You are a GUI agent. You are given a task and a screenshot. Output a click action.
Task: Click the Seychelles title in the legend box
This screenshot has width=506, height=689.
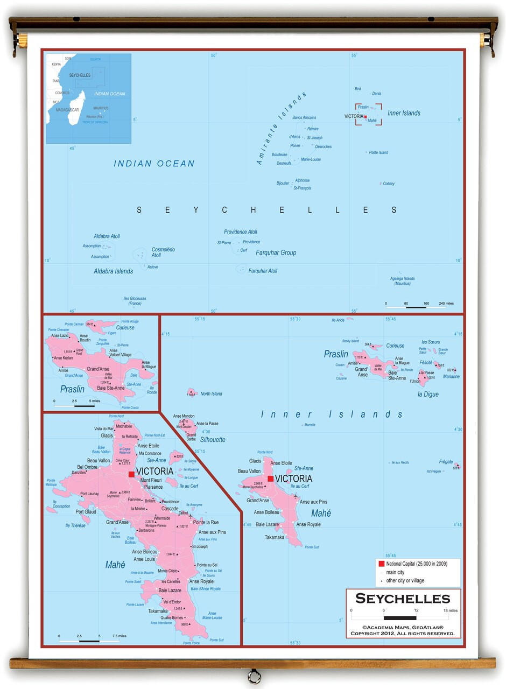pyautogui.click(x=403, y=599)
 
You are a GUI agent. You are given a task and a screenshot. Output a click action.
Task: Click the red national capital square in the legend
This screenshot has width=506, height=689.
pyautogui.click(x=381, y=564)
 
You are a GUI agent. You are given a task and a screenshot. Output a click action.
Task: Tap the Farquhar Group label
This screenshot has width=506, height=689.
pyautogui.click(x=276, y=252)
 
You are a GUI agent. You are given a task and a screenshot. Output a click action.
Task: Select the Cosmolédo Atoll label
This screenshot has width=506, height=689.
pyautogui.click(x=163, y=252)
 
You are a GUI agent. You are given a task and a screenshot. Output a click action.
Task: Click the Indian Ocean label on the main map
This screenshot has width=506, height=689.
pyautogui.click(x=154, y=164)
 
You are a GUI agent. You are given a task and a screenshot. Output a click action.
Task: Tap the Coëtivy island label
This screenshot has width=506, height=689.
pyautogui.click(x=389, y=184)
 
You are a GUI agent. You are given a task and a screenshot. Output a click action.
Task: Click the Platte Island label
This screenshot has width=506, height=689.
pyautogui.click(x=378, y=152)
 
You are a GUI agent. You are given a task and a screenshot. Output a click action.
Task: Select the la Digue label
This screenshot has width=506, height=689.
pyautogui.click(x=428, y=394)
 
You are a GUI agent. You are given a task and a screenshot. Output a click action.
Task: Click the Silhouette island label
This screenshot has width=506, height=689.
pyautogui.click(x=212, y=440)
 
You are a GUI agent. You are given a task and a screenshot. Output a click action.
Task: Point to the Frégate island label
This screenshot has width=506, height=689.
pyautogui.click(x=446, y=462)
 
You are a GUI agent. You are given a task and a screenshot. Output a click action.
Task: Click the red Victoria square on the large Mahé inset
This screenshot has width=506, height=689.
pyautogui.click(x=131, y=474)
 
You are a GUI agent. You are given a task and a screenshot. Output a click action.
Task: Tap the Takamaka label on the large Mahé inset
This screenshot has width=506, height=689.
pyautogui.click(x=158, y=611)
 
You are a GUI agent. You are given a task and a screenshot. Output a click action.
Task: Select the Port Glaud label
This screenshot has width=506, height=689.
pyautogui.click(x=86, y=512)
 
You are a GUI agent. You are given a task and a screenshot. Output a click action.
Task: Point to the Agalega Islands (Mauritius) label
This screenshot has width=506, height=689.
pyautogui.click(x=402, y=280)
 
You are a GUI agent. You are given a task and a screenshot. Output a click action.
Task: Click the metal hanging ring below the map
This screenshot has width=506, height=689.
pyautogui.click(x=252, y=677)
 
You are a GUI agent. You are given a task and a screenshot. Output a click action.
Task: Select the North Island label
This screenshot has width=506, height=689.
pyautogui.click(x=211, y=393)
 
